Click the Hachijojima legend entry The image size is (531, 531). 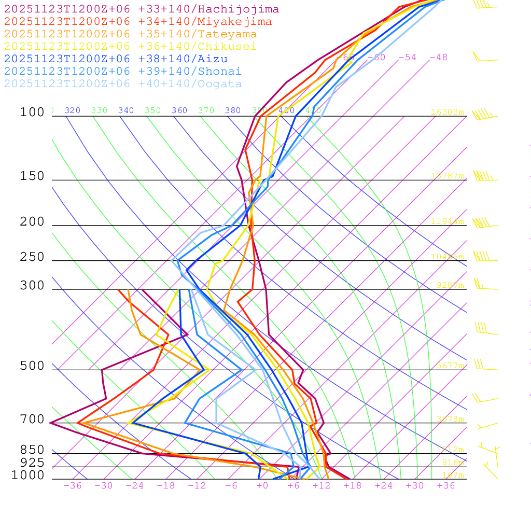(141, 9)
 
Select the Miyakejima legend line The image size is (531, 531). (137, 22)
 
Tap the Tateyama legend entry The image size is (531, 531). (130, 34)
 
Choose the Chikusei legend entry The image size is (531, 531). (130, 47)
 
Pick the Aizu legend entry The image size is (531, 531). (116, 59)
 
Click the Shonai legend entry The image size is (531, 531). (123, 72)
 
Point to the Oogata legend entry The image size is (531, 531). (123, 84)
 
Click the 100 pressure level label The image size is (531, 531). (32, 113)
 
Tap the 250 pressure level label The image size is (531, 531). (32, 257)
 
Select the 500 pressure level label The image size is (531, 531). (32, 367)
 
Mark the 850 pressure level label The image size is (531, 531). (32, 450)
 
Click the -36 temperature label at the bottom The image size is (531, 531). (72, 485)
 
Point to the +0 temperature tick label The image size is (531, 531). (262, 485)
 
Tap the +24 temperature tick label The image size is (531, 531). (384, 485)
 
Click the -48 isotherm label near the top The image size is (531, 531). (438, 57)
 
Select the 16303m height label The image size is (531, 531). (447, 112)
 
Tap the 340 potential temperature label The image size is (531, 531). (126, 110)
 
